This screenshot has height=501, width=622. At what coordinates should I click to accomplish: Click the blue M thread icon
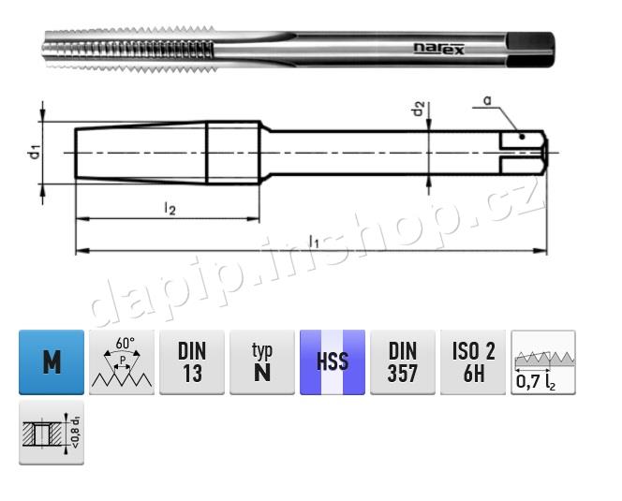click(x=52, y=361)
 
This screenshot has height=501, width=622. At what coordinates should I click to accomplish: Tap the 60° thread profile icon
click(x=122, y=361)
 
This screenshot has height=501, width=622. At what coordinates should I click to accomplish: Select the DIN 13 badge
click(x=192, y=361)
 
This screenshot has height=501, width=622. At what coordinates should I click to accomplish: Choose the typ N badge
click(x=262, y=361)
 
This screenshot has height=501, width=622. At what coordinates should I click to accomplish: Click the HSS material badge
click(x=333, y=361)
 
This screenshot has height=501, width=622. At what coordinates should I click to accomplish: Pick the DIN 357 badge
click(x=403, y=361)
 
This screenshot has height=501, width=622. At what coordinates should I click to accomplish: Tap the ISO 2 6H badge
click(x=473, y=361)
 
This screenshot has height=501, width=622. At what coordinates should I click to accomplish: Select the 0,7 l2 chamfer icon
click(x=543, y=361)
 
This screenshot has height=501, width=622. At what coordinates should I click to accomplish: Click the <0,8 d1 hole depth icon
click(x=52, y=433)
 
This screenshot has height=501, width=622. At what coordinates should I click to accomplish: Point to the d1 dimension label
click(x=32, y=151)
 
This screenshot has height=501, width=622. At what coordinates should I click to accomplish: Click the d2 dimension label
click(x=419, y=110)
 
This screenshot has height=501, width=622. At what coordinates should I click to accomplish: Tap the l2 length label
click(x=170, y=208)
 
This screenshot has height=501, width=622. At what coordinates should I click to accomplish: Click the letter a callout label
click(x=488, y=99)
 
